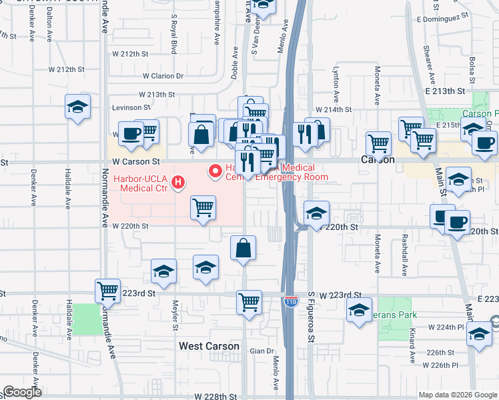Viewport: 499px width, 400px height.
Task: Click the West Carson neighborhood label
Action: [209, 346]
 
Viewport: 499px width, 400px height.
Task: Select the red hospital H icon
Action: [178, 182]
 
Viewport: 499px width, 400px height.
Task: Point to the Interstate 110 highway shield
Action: [290, 302]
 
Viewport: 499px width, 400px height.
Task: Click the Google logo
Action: [22, 392]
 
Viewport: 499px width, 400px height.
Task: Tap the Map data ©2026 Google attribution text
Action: [458, 395]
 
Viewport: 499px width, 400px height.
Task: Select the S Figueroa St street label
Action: [311, 317]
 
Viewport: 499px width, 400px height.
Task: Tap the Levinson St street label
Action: [131, 107]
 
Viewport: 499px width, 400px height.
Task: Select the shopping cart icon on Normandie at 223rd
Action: [107, 291]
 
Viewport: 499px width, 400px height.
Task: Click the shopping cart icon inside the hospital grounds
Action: [203, 207]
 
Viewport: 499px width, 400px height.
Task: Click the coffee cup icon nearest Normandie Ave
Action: [131, 133]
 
